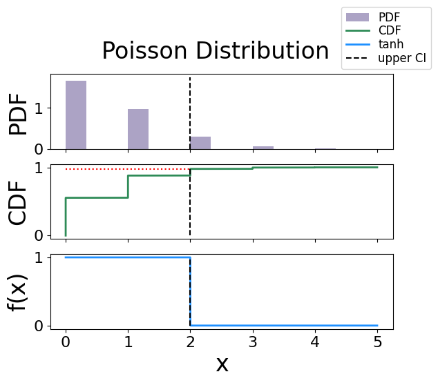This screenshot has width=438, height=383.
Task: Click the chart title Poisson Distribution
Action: pos(215,52)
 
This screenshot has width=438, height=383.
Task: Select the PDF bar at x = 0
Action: pos(76,115)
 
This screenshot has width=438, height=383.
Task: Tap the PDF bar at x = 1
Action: pos(138,129)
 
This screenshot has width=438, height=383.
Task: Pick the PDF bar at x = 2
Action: pos(200,143)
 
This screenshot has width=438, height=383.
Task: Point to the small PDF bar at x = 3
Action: pos(263,148)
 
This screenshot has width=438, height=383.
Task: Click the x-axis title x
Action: pos(222,364)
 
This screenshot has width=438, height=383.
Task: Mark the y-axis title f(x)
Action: pos(21,291)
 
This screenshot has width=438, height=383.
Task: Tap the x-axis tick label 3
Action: pos(253,342)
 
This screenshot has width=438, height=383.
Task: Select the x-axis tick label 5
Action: pos(377,342)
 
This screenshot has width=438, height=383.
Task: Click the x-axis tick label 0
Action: pos(66,342)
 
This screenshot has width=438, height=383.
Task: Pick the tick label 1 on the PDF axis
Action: pos(39,108)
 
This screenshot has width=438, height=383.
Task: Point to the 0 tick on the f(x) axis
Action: pos(39,325)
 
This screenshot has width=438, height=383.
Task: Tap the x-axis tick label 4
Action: pos(315,342)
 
